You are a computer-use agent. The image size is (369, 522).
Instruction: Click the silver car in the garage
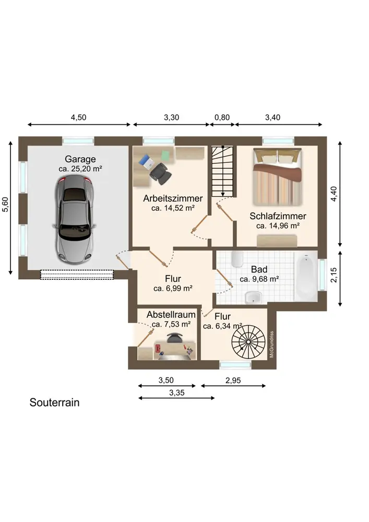[75, 218]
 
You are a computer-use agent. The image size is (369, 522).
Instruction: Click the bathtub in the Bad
[305, 277]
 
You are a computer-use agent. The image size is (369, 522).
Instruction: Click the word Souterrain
[54, 403]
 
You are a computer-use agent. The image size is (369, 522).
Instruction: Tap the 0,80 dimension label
[222, 117]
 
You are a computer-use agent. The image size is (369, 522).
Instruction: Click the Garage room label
[80, 159]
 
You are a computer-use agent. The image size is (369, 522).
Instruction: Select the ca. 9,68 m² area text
[259, 279]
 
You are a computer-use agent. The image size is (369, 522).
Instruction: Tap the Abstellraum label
[171, 315]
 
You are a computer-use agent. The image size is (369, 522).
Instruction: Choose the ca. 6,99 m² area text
[173, 288]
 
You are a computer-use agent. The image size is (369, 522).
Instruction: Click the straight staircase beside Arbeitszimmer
[222, 171]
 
